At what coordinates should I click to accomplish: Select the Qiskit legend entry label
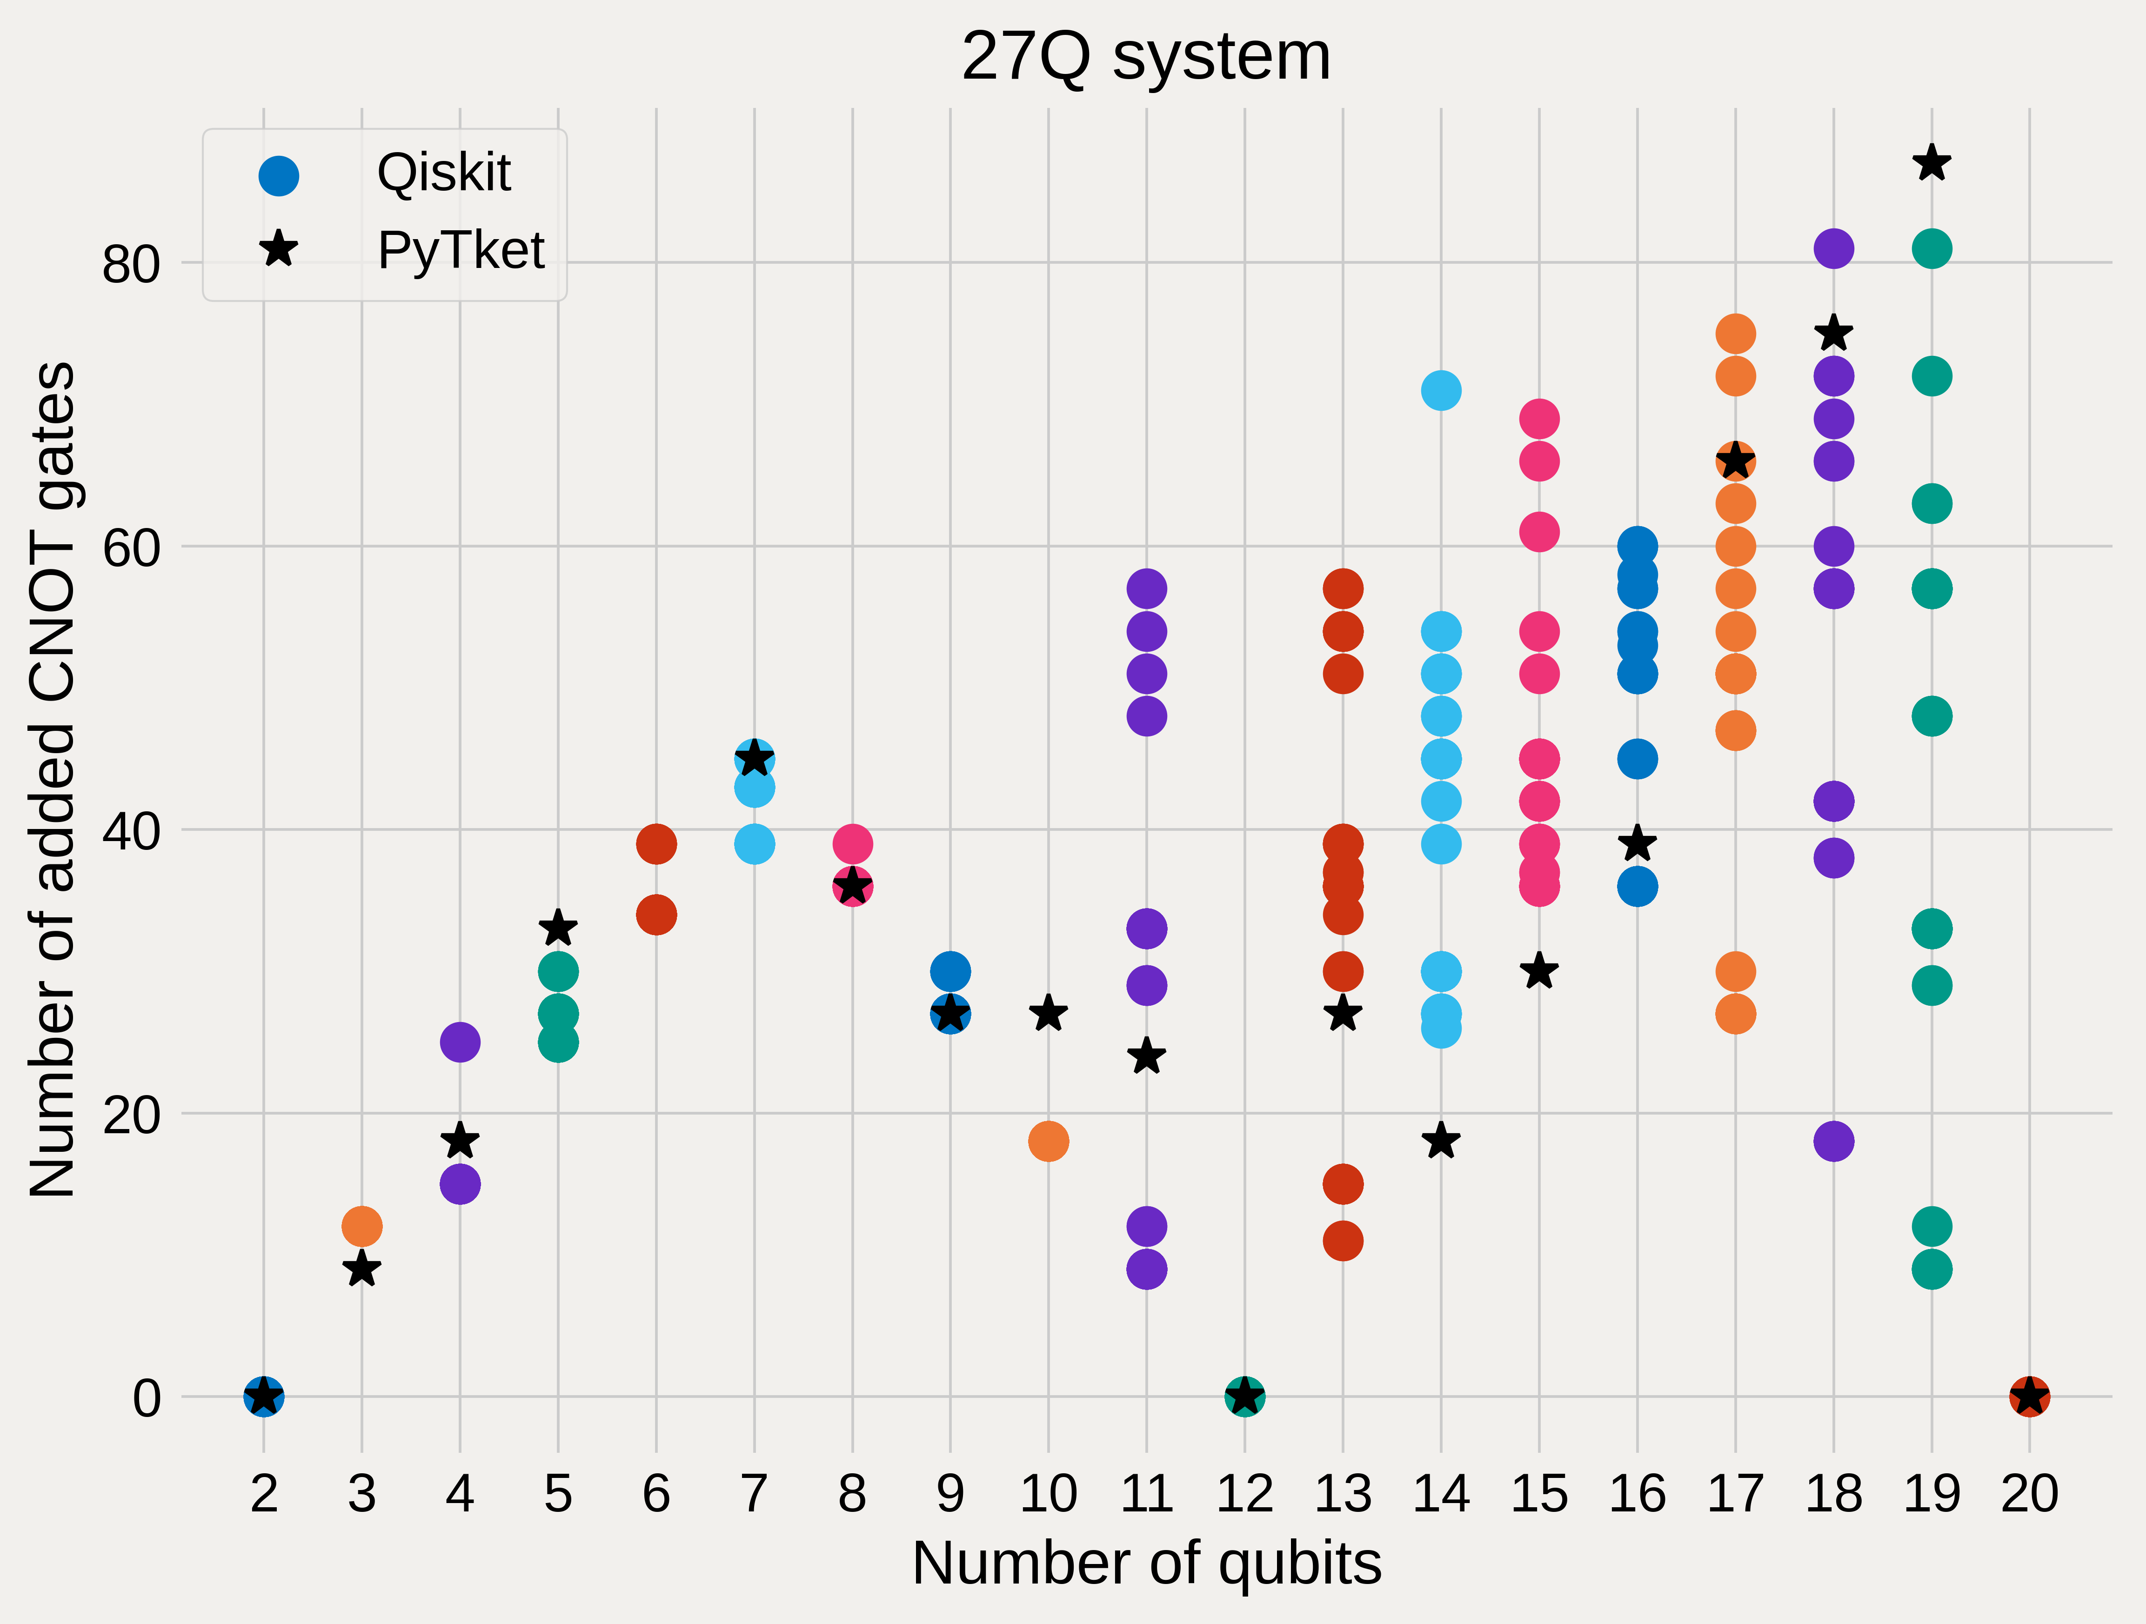(443, 174)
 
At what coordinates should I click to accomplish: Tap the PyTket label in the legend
(461, 250)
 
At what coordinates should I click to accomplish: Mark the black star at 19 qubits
(1932, 163)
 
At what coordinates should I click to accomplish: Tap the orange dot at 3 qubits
(362, 1226)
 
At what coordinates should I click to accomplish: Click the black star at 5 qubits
(558, 929)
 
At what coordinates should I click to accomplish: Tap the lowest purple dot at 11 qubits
(1147, 1269)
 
